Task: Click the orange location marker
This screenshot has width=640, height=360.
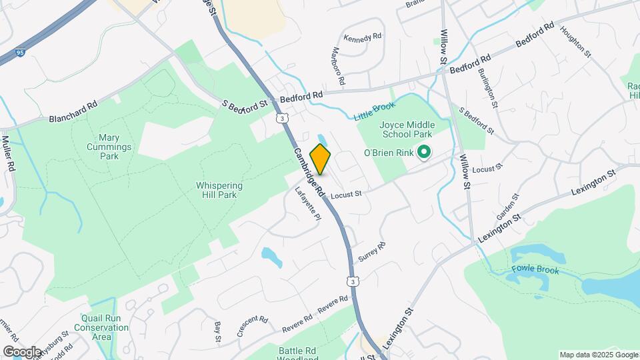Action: [x=320, y=159]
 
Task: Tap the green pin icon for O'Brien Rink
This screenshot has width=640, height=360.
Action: [x=422, y=153]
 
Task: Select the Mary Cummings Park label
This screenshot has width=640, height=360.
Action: [x=109, y=146]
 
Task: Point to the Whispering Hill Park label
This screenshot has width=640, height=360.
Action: [x=219, y=191]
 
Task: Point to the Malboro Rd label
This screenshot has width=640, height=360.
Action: [x=336, y=65]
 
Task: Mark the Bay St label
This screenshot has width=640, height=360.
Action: [x=217, y=331]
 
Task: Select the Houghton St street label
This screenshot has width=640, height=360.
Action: [x=575, y=40]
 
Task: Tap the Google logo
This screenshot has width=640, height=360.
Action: [x=21, y=351]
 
